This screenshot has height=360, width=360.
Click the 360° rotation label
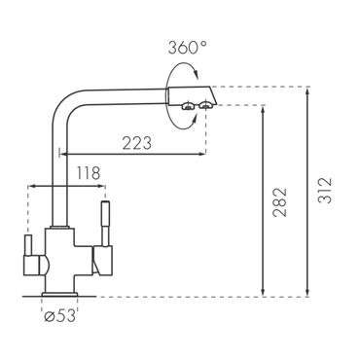(187, 48)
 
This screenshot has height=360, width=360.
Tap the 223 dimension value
(137, 143)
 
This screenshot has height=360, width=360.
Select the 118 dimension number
(88, 173)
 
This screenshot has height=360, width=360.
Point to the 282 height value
(279, 202)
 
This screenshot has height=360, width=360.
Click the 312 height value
(325, 190)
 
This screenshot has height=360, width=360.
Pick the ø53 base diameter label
(59, 315)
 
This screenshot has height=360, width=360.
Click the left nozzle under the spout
(188, 106)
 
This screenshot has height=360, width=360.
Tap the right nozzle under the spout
(205, 105)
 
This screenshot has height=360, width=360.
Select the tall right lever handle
(105, 224)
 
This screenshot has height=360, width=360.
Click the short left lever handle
(28, 245)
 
